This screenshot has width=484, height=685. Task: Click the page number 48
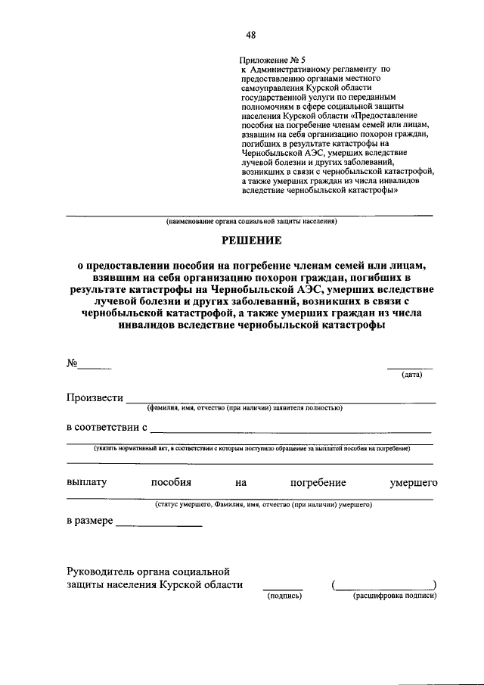250,34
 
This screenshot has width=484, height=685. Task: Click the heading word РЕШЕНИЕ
250,240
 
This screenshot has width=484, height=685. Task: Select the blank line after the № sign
95,367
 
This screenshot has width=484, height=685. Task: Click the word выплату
87,481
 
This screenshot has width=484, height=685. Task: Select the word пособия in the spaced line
171,481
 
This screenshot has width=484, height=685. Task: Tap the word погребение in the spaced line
318,481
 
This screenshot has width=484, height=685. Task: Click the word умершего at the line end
413,481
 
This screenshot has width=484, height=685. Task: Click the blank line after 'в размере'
159,525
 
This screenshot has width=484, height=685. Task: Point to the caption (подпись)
283,596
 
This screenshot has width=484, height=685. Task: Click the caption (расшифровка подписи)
395,596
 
